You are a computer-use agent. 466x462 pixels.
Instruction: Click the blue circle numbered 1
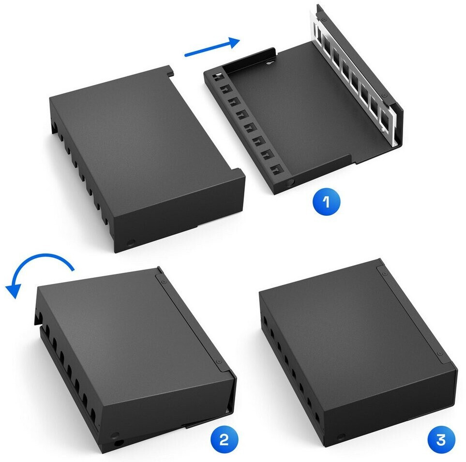[326, 202]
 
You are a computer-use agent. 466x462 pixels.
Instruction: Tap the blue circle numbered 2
[224, 439]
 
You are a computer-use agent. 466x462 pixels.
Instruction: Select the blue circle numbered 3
[441, 439]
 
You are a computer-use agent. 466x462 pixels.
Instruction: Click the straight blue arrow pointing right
[212, 47]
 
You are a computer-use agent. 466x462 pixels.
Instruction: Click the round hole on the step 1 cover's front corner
[131, 244]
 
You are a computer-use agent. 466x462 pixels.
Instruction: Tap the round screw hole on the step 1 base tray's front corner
[290, 182]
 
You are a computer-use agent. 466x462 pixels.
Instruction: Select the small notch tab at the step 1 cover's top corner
[170, 73]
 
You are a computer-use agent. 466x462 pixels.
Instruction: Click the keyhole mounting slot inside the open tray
[270, 62]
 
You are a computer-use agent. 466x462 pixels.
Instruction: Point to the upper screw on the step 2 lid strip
[162, 280]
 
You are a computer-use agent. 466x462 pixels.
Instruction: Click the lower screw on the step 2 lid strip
[219, 361]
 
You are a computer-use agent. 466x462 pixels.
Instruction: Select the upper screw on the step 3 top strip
[385, 272]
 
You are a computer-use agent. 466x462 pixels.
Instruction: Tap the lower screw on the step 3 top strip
[439, 353]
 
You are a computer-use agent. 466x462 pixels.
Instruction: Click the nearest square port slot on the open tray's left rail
[276, 170]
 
